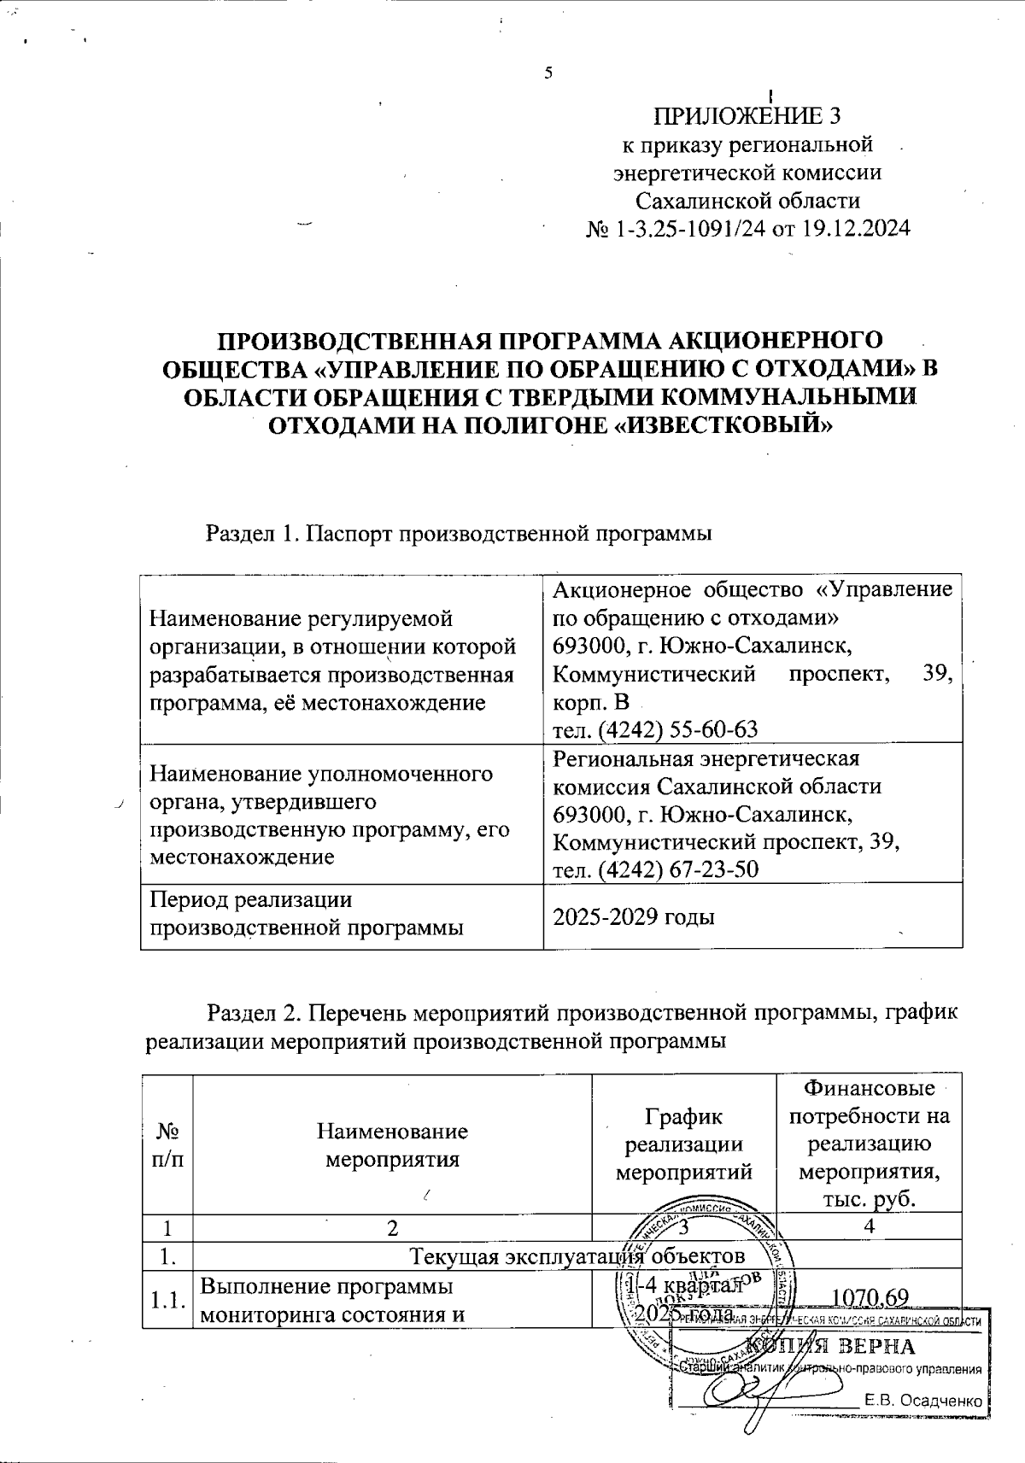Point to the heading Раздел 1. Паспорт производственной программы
pos(459,534)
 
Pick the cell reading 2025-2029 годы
pos(634,917)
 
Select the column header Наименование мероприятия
pos(392,1145)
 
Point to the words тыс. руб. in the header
pos(869,1199)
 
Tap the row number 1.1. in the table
pos(167,1300)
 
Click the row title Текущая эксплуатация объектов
pos(578,1256)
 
